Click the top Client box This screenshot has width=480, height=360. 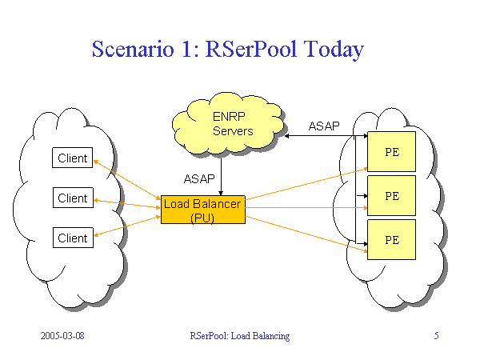(73, 158)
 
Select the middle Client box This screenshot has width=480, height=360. (73, 198)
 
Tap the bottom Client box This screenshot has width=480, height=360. (73, 238)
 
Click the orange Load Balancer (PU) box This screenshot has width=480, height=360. (203, 210)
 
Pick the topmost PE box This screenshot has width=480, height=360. (391, 151)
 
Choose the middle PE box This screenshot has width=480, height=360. (391, 195)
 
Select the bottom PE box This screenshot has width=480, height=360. (391, 239)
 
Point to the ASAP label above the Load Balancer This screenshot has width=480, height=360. (198, 178)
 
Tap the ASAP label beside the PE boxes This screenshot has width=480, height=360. (324, 126)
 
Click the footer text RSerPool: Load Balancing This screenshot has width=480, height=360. (239, 336)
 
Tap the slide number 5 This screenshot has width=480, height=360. (436, 336)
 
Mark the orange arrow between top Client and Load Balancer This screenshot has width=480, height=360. (128, 179)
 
